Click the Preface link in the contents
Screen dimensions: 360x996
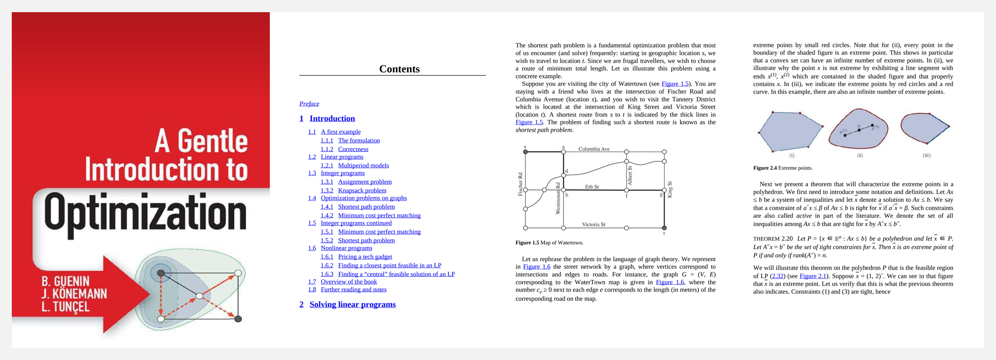click(x=309, y=104)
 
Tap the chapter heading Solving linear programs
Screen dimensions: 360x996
click(x=352, y=304)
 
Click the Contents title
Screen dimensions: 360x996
click(x=399, y=69)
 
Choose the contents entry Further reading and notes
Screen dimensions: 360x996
click(x=354, y=289)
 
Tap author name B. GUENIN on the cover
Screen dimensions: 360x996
click(x=65, y=281)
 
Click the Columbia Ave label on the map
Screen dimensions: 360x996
click(x=594, y=149)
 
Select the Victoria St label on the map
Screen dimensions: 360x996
click(x=593, y=224)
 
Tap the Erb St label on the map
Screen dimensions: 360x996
click(x=592, y=187)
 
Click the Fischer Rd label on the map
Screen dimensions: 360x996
click(x=520, y=184)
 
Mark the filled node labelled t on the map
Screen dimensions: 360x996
click(x=664, y=228)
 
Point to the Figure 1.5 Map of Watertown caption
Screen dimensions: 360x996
click(x=549, y=243)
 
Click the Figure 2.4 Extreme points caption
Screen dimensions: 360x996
click(x=783, y=168)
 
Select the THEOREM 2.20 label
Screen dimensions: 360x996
click(x=772, y=239)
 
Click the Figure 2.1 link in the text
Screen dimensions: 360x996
click(x=813, y=276)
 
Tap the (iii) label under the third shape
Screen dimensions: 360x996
click(x=926, y=155)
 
